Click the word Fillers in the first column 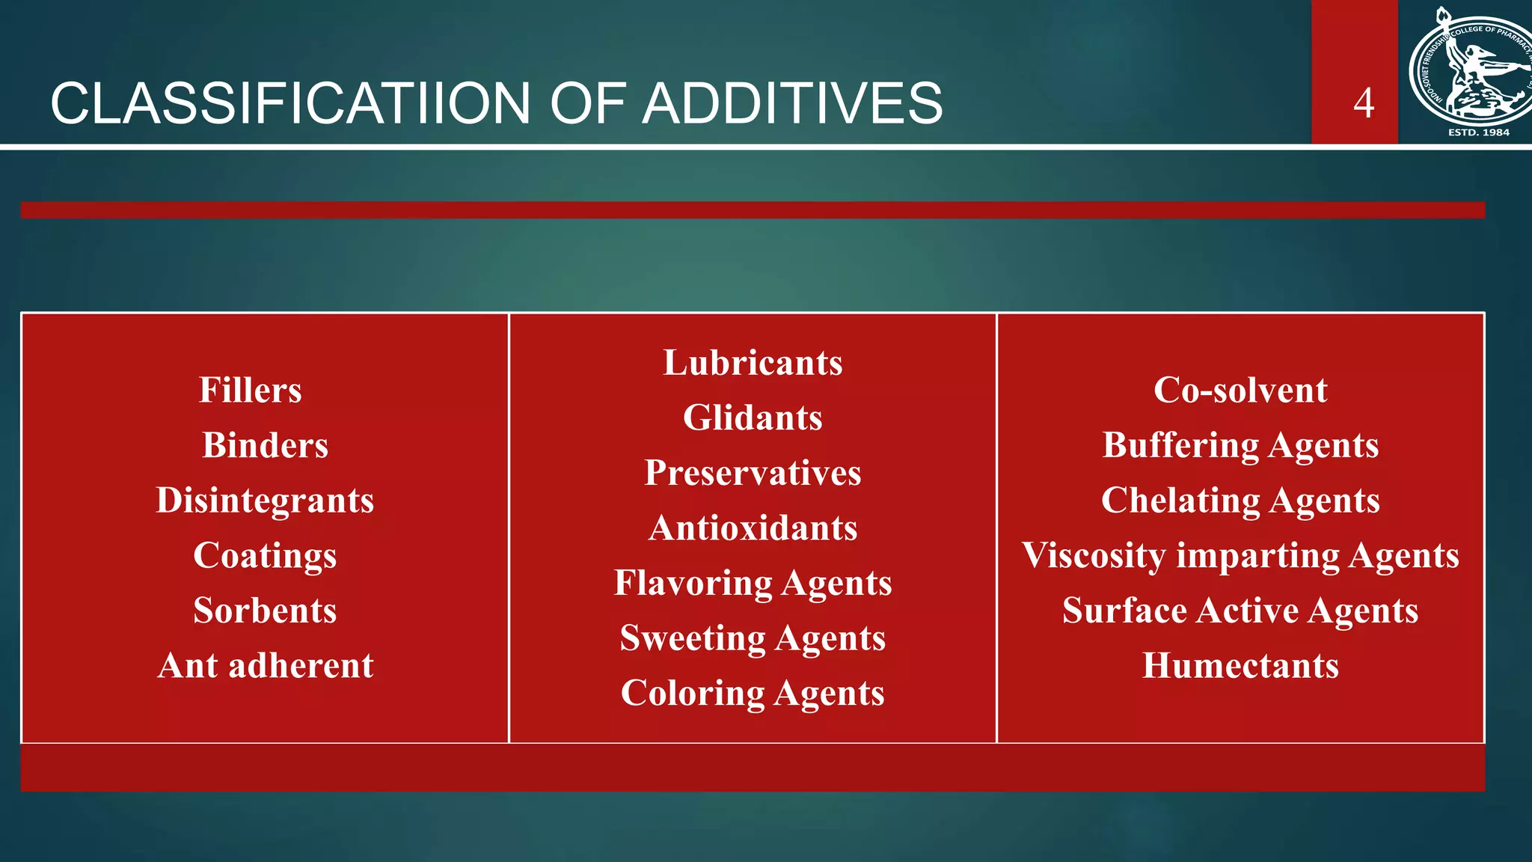tap(251, 390)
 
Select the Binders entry tap(265, 445)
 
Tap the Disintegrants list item tap(265, 500)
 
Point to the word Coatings tap(265, 555)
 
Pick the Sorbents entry tap(265, 610)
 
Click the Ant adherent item tap(265, 665)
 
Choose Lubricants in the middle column tap(753, 362)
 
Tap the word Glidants tap(753, 418)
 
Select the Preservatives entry tap(753, 472)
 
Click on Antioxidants tap(753, 528)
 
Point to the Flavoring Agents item tap(753, 583)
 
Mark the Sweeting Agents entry tap(753, 638)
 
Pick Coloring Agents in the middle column tap(753, 693)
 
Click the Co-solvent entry tap(1240, 390)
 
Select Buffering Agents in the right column tap(1240, 445)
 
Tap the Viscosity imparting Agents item tap(1240, 555)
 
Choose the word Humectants tap(1240, 665)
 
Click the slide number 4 tap(1364, 103)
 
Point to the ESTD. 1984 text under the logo tap(1479, 132)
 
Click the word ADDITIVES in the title tap(792, 103)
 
